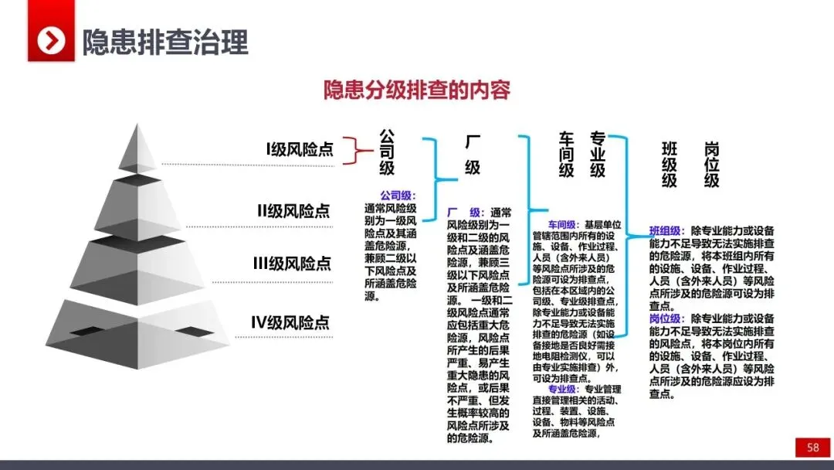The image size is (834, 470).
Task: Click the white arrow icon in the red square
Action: (52, 41)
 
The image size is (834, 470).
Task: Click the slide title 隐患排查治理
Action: (165, 41)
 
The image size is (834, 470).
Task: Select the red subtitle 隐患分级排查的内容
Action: (416, 90)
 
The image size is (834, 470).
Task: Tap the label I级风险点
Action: (299, 149)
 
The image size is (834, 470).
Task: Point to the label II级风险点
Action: (293, 210)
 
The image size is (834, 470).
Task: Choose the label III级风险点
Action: (292, 264)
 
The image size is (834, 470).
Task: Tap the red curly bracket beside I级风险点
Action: (352, 150)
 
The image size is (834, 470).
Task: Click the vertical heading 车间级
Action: (566, 154)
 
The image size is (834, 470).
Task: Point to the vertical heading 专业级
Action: (597, 154)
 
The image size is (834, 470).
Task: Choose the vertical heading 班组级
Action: (669, 165)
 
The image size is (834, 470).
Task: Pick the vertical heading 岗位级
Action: (710, 165)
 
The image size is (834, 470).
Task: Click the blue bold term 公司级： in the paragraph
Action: (398, 196)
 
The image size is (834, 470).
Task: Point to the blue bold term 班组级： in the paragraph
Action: (666, 230)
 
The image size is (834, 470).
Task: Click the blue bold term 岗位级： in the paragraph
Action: (666, 318)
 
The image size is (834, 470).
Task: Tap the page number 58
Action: (813, 448)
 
